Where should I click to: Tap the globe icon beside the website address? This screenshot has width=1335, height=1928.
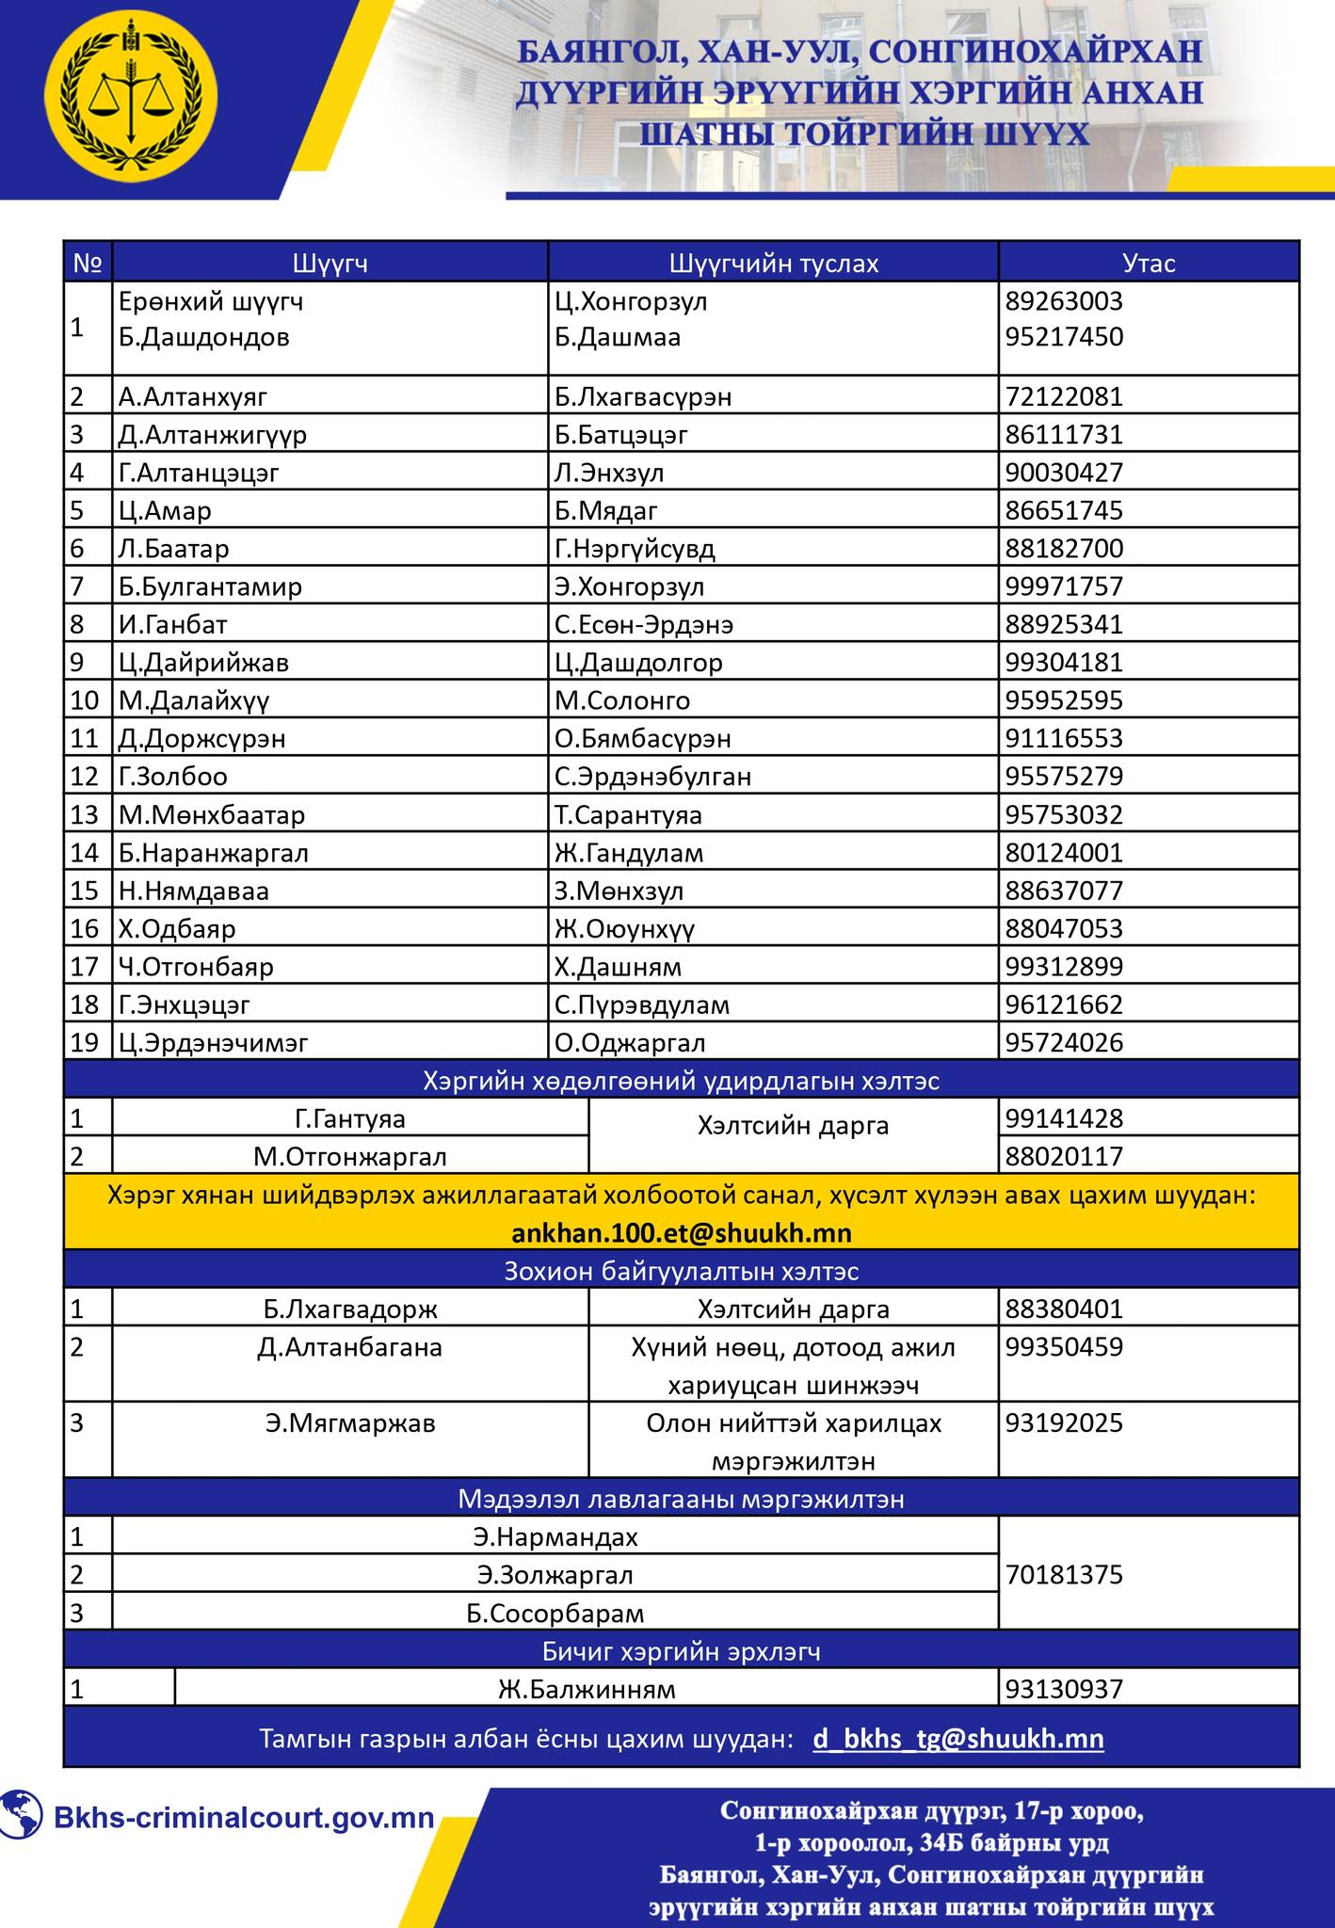coord(22,1816)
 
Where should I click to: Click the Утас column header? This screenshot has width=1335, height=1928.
coord(1149,263)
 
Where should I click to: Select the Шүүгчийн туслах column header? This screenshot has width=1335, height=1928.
coord(773,263)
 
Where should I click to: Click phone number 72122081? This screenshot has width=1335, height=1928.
coord(1064,396)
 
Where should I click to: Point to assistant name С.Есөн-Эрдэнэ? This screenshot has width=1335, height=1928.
coord(644,624)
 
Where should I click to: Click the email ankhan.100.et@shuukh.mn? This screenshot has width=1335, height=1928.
coord(681,1232)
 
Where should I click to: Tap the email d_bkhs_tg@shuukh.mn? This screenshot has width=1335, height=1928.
coord(957,1738)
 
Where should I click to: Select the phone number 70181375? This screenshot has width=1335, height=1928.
coord(1064,1574)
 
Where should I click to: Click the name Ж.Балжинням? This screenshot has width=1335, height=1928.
coord(587,1689)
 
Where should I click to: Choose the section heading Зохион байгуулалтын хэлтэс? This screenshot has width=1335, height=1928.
coord(681,1271)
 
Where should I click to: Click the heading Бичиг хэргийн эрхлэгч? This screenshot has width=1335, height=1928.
coord(681,1651)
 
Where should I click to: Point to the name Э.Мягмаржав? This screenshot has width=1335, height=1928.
coord(350,1422)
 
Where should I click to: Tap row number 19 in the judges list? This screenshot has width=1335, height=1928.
coord(85,1042)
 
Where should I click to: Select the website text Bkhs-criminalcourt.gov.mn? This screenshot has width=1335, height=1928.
coord(244,1817)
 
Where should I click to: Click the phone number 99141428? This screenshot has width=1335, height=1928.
coord(1064,1118)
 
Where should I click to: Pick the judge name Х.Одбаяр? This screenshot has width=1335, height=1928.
coord(177,928)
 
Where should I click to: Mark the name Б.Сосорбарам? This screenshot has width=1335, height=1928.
coord(555,1613)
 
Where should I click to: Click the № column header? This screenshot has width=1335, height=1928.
coord(88,263)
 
